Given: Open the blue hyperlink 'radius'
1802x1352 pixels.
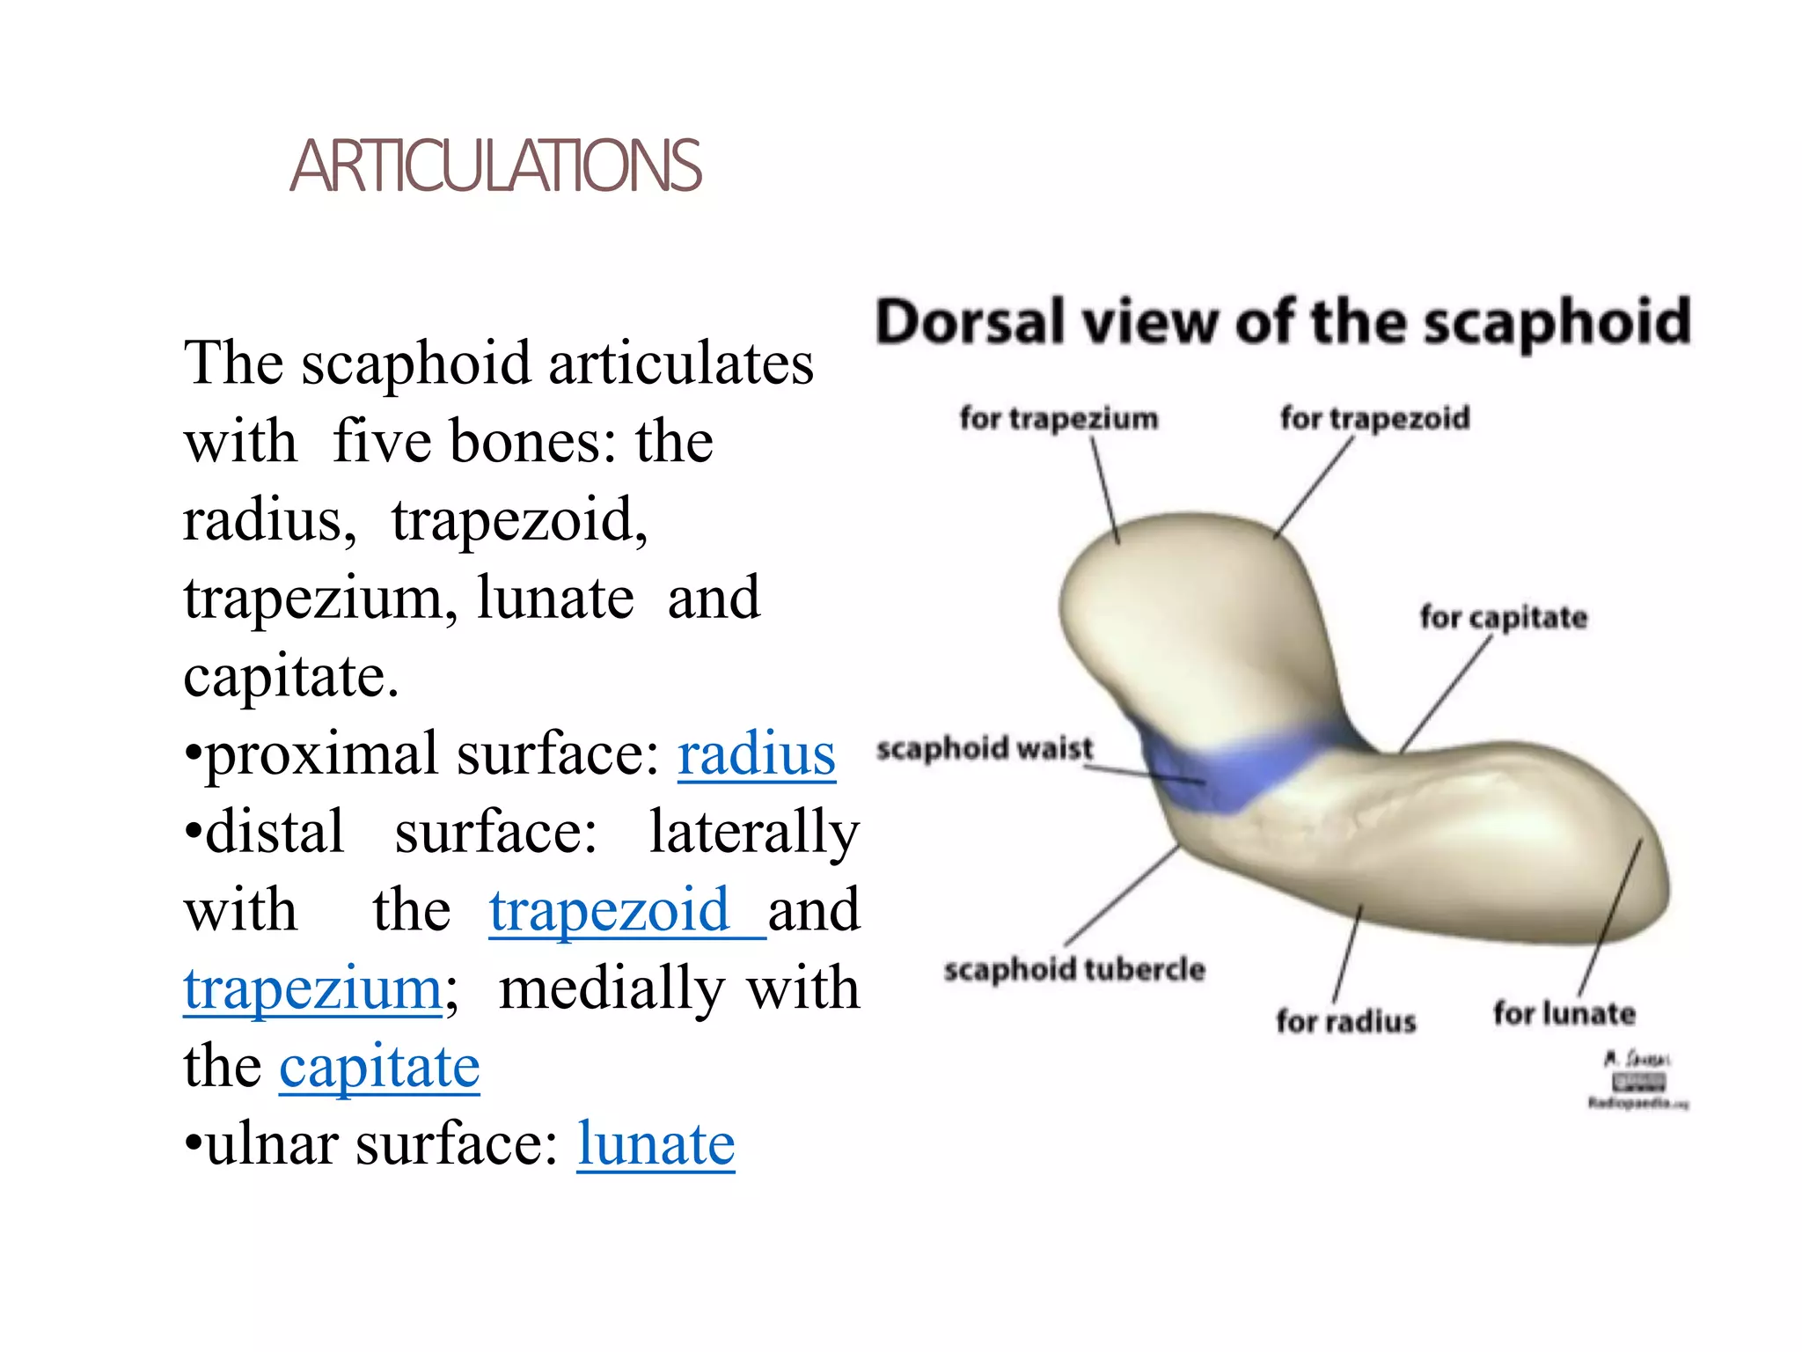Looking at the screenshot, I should [756, 755].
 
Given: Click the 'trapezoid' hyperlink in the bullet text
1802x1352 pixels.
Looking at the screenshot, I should [610, 910].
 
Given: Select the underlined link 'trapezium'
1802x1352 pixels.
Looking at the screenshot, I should [312, 988].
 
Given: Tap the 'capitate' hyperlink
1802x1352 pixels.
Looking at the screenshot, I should [379, 1067].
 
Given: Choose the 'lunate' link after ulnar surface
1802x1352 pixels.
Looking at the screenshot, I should [656, 1144].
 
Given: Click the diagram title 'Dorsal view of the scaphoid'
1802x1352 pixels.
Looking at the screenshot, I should [1282, 322].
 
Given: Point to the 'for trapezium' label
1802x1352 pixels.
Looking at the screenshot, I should [1058, 418].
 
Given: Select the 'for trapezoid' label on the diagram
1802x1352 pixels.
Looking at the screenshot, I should [1374, 418].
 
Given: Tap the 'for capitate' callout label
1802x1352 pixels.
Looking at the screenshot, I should [1503, 617].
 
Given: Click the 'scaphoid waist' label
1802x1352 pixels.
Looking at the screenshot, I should [984, 748].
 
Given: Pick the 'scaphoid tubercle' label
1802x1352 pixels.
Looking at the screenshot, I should [1073, 969].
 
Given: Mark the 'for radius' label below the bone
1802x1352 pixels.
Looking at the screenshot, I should [1345, 1021].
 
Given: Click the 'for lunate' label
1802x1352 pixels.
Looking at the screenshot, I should [1564, 1013].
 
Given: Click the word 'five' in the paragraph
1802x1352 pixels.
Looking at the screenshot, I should [385, 442].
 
